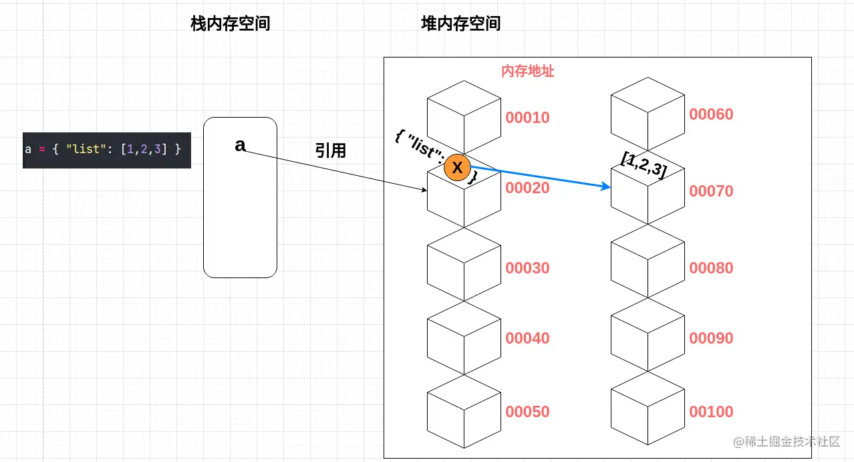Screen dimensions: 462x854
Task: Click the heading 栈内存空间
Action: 231,24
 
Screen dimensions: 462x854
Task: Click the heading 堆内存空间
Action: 461,24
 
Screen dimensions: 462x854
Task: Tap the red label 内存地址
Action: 528,72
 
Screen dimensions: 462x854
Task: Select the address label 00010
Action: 527,118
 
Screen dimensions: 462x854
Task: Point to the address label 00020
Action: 527,188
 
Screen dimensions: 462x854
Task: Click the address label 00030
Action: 527,268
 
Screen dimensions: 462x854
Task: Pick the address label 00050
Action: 527,412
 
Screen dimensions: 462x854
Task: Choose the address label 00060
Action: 711,114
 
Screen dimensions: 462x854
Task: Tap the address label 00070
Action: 711,191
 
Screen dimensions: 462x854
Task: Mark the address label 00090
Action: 711,338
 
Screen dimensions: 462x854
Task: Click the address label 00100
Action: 711,412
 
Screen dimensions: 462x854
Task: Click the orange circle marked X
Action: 458,168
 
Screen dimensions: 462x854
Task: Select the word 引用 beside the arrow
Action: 331,151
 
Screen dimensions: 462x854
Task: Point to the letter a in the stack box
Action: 240,145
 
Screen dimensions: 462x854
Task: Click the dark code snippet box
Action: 107,149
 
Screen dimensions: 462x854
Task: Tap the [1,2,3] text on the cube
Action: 644,164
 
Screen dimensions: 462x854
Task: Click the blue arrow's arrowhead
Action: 608,187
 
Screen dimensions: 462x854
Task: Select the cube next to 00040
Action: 464,338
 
